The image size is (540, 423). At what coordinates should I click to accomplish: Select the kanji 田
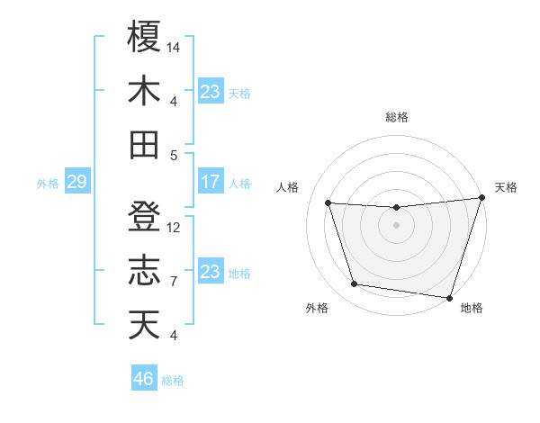click(x=144, y=144)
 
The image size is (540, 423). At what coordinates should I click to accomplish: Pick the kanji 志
click(x=144, y=271)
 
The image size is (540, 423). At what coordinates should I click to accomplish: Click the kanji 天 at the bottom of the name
click(x=144, y=325)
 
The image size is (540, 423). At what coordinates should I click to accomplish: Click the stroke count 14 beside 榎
click(x=175, y=46)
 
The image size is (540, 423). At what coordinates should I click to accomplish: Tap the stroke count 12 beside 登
click(x=175, y=227)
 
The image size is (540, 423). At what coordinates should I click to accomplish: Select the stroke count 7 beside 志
click(x=174, y=282)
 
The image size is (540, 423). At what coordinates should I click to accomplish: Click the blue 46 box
click(x=144, y=379)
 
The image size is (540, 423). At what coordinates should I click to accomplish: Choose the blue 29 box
click(x=76, y=183)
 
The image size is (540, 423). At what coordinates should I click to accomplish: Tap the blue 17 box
click(x=210, y=182)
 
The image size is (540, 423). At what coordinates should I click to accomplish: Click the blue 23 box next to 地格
click(x=210, y=272)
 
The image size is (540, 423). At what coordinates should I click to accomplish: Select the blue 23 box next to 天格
click(x=210, y=91)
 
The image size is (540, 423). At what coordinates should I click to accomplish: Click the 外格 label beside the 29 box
click(x=48, y=184)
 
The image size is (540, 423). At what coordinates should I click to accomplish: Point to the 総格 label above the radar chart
click(x=397, y=117)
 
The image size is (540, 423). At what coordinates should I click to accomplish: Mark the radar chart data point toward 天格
click(x=481, y=199)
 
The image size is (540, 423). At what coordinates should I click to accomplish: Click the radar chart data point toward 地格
click(x=449, y=297)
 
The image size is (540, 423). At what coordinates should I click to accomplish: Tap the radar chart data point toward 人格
click(x=328, y=203)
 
